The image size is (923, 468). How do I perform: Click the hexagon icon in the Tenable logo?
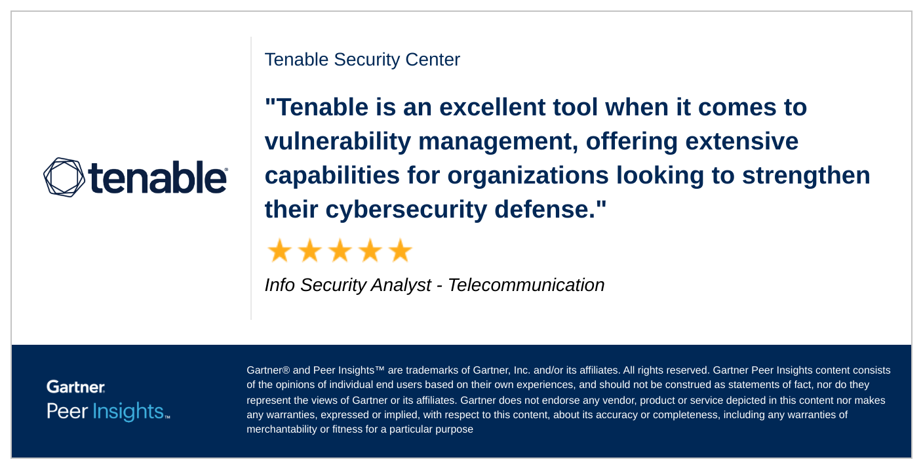coord(64,177)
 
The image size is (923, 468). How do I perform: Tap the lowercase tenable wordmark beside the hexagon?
coord(157,177)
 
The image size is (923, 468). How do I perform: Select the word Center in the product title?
coord(433,60)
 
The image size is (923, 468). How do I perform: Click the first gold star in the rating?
coord(279,250)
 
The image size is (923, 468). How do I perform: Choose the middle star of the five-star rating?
coord(340,250)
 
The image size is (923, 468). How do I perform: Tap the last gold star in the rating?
coord(400,250)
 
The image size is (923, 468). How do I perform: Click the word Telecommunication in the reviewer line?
coord(526,285)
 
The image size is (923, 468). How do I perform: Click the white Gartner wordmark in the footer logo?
coord(75,387)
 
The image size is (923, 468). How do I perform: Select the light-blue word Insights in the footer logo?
coord(128,412)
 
